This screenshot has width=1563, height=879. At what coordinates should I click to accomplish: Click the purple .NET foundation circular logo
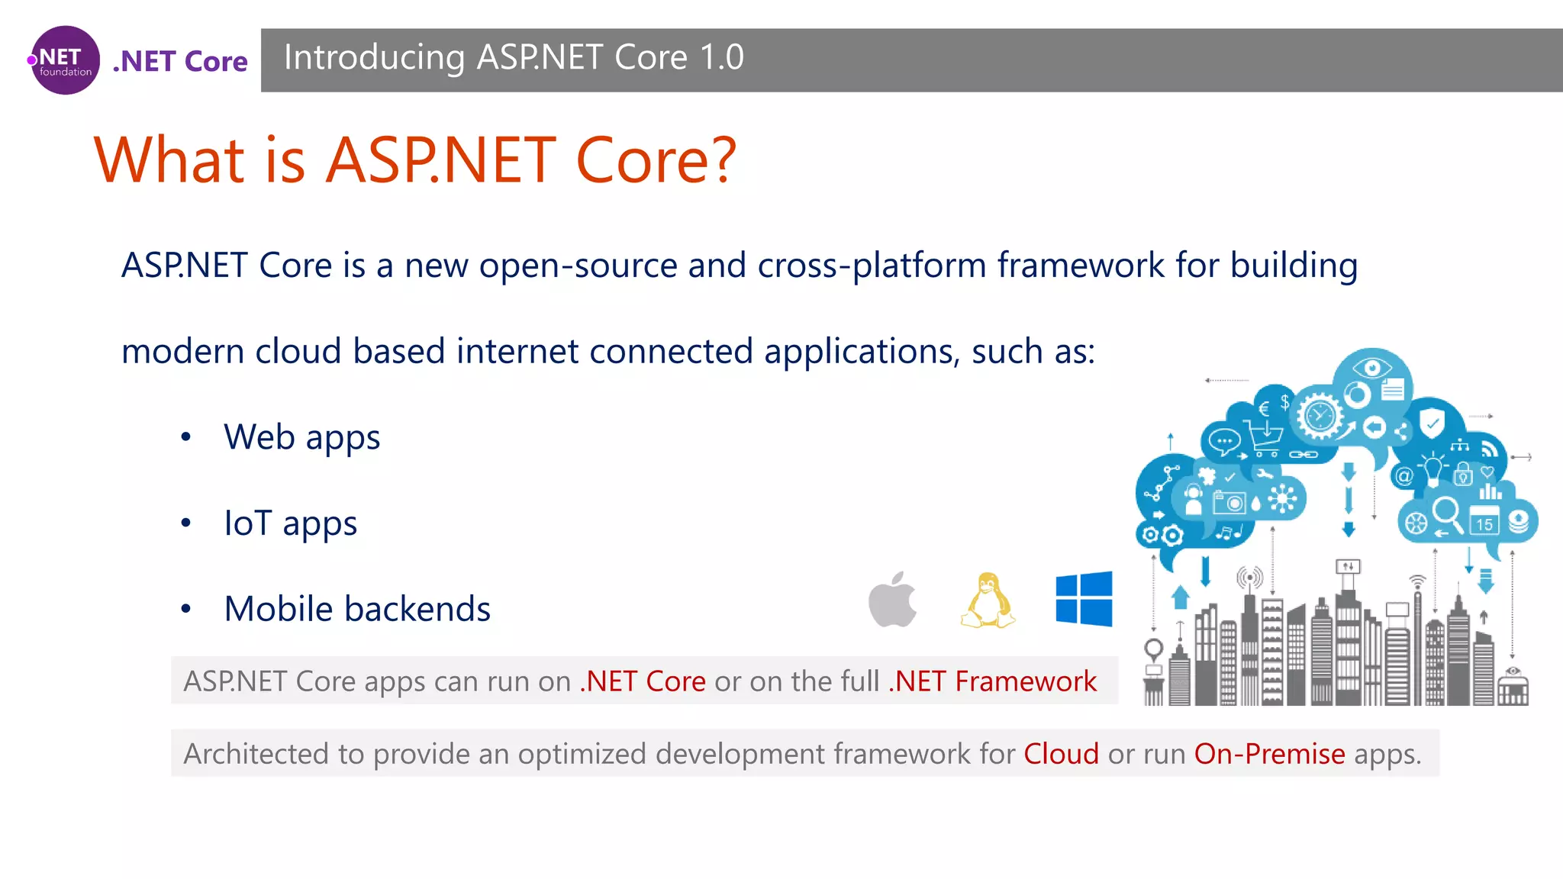[65, 60]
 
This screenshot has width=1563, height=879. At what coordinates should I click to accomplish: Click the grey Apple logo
[892, 600]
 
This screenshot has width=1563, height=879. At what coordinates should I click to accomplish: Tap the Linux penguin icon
[988, 600]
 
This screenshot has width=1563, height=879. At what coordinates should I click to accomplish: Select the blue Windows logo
[1084, 599]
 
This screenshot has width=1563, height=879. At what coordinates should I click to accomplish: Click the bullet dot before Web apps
[185, 437]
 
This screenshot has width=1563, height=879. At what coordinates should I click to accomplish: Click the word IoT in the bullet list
[247, 523]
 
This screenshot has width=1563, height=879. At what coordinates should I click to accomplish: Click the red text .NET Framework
[992, 681]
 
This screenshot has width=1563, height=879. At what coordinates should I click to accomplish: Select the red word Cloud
[1061, 754]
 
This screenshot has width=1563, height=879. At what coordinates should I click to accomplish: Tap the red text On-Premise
[1269, 754]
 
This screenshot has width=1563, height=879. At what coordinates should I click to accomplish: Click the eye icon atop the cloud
[1372, 369]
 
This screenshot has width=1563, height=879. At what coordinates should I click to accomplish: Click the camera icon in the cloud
[1230, 503]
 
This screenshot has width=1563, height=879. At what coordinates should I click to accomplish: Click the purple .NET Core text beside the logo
[180, 61]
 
